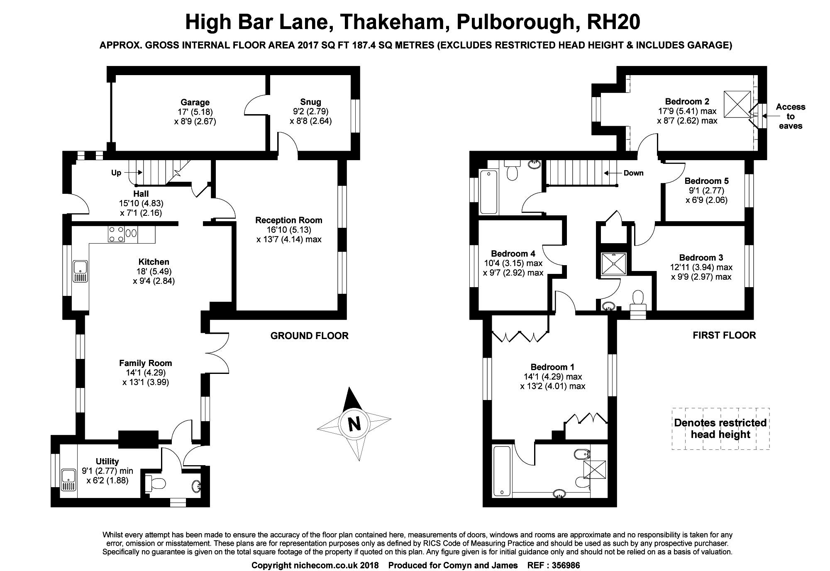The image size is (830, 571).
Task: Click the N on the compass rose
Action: [354, 425]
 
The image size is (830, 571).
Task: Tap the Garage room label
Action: [195, 102]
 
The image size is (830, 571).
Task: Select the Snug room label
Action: [310, 102]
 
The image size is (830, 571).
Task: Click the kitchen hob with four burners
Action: [116, 234]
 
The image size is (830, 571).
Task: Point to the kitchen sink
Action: [80, 271]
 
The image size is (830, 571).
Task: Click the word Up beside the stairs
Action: [116, 173]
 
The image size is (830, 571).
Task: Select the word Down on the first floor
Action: [633, 173]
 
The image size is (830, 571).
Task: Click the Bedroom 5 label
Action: [706, 181]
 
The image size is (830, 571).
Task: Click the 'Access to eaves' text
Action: [790, 116]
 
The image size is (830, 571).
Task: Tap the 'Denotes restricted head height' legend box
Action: [720, 429]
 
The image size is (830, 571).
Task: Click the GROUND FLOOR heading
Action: [309, 336]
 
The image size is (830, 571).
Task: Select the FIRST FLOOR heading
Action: [724, 335]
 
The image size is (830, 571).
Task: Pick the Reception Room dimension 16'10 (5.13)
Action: [289, 230]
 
